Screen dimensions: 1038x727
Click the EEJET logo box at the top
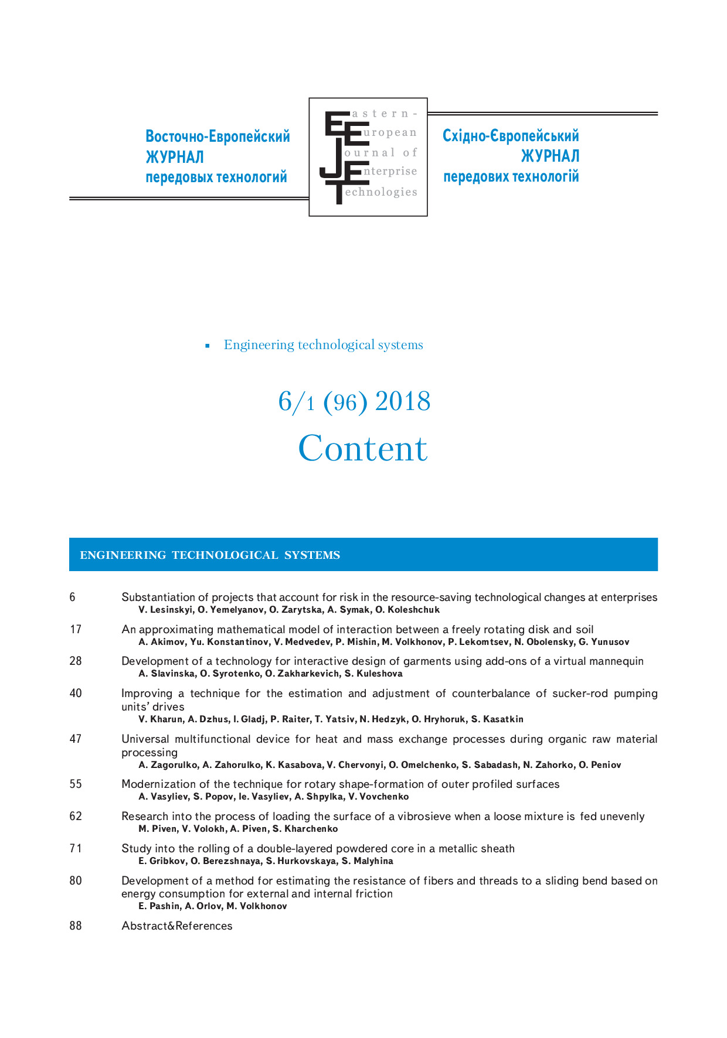368,157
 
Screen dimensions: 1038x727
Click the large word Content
363,449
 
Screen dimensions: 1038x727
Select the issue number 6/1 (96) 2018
354,402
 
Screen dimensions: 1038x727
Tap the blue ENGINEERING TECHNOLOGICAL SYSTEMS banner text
210,555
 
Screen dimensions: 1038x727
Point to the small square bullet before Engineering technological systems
208,346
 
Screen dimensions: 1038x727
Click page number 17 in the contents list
76,629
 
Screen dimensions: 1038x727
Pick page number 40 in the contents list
76,693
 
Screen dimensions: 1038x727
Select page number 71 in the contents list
76,848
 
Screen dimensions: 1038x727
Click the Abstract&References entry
176,926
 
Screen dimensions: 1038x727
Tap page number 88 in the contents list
76,926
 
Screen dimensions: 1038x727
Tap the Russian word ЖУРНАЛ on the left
175,157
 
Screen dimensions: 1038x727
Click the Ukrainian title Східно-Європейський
511,136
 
